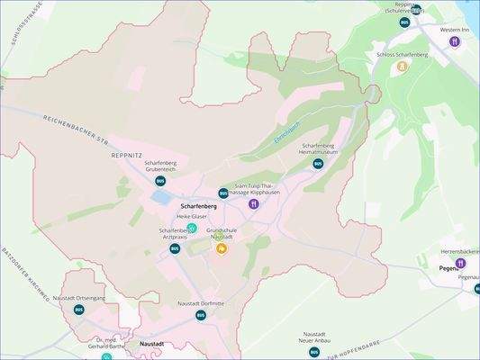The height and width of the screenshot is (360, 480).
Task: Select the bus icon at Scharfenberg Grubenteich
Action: pyautogui.click(x=160, y=180)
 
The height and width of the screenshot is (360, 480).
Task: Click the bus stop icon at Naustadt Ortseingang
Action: pyautogui.click(x=79, y=310)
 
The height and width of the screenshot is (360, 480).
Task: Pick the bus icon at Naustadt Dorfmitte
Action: pyautogui.click(x=201, y=315)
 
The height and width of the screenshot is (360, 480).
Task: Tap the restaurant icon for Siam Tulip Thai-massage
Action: pyautogui.click(x=255, y=204)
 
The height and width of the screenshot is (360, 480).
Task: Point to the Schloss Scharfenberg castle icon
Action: pyautogui.click(x=403, y=66)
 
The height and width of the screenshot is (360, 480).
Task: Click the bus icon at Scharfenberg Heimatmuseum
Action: pyautogui.click(x=318, y=164)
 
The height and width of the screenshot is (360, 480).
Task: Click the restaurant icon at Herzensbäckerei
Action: pyautogui.click(x=459, y=263)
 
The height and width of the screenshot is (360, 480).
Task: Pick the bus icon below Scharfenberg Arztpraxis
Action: pyautogui.click(x=175, y=248)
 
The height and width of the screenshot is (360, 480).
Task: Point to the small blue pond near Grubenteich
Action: pyautogui.click(x=160, y=196)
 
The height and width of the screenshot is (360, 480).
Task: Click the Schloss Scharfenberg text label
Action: pyautogui.click(x=402, y=54)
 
